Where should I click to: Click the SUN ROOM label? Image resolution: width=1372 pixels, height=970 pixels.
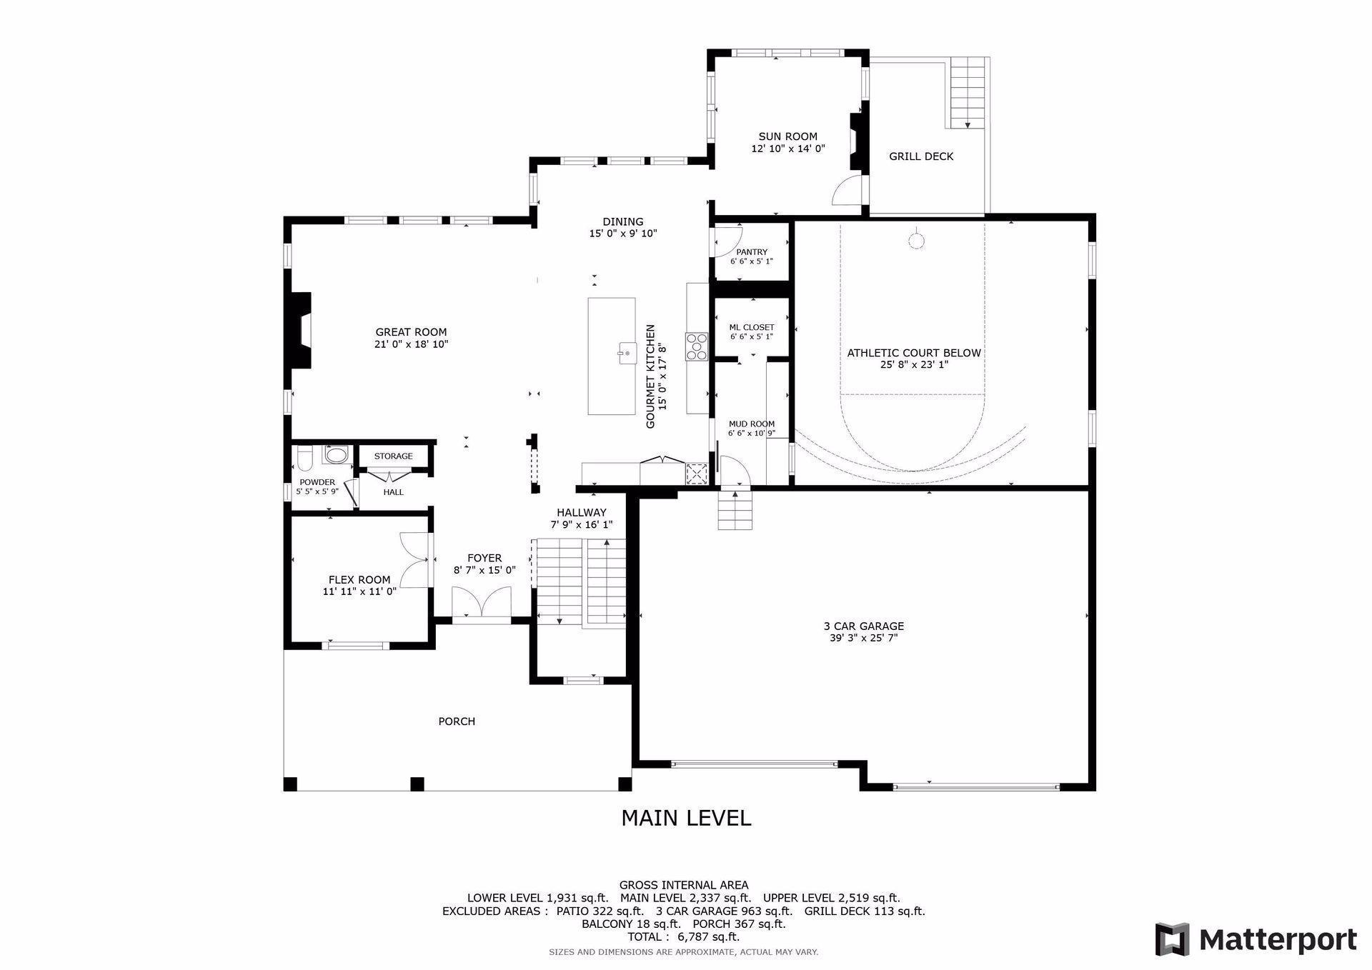pyautogui.click(x=787, y=136)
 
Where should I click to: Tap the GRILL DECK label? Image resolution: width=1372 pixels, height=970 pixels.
pyautogui.click(x=921, y=156)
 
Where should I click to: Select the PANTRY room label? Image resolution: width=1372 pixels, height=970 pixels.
pyautogui.click(x=752, y=252)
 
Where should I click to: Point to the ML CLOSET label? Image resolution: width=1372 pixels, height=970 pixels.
pyautogui.click(x=752, y=327)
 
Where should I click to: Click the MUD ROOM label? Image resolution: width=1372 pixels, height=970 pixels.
pyautogui.click(x=752, y=424)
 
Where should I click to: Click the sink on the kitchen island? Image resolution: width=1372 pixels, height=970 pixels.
pyautogui.click(x=627, y=353)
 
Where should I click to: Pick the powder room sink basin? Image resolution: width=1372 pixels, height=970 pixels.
pyautogui.click(x=335, y=454)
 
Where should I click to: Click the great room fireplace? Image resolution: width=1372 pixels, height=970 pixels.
pyautogui.click(x=299, y=331)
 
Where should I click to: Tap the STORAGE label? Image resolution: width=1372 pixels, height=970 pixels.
pyautogui.click(x=394, y=456)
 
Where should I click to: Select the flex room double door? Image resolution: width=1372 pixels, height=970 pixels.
pyautogui.click(x=414, y=560)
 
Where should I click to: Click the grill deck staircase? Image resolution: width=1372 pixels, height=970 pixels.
pyautogui.click(x=968, y=93)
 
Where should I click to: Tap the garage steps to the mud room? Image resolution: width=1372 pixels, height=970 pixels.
pyautogui.click(x=736, y=510)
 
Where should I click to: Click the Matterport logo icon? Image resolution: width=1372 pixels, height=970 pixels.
pyautogui.click(x=1173, y=939)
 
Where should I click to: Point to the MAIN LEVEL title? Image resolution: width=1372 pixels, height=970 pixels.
pyautogui.click(x=686, y=818)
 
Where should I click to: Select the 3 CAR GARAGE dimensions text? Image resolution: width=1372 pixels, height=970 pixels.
pyautogui.click(x=863, y=638)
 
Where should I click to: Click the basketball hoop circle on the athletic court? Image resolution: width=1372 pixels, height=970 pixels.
pyautogui.click(x=916, y=241)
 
